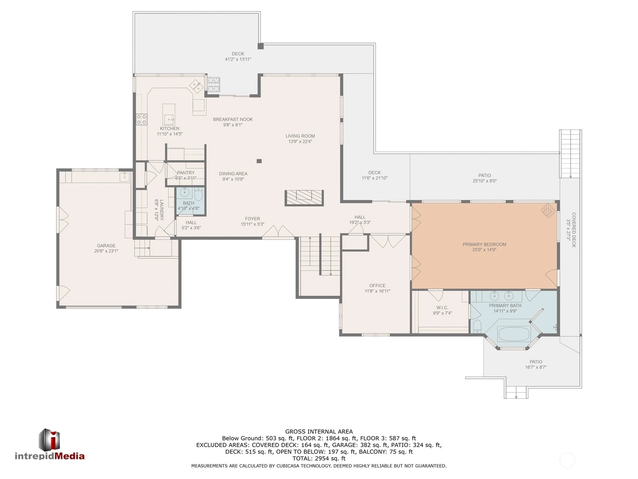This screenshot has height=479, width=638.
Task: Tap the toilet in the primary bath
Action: click(x=477, y=327)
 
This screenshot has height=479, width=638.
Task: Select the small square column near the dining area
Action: click(x=259, y=161)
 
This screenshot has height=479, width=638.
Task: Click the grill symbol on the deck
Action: click(x=214, y=84)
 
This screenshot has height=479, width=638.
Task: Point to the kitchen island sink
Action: click(x=169, y=119)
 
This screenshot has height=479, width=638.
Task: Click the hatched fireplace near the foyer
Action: click(x=304, y=198)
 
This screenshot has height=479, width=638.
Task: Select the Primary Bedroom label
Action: click(x=484, y=244)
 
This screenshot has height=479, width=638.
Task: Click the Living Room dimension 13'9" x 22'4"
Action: click(x=300, y=142)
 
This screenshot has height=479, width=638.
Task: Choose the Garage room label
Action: click(x=106, y=245)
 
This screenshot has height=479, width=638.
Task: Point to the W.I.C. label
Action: click(x=442, y=307)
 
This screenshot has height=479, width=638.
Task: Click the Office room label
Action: click(x=377, y=285)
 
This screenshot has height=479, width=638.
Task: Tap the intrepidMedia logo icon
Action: click(x=49, y=439)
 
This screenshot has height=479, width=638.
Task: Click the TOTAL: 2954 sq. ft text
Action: click(x=319, y=458)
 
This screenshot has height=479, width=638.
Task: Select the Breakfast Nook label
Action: click(x=233, y=119)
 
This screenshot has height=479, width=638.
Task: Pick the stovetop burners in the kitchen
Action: click(x=142, y=119)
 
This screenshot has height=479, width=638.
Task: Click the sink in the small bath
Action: click(x=184, y=192)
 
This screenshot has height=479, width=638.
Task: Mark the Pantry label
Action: click(x=186, y=173)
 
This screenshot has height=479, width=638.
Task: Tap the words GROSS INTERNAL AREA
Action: click(x=319, y=431)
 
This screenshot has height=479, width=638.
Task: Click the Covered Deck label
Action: click(x=574, y=230)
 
